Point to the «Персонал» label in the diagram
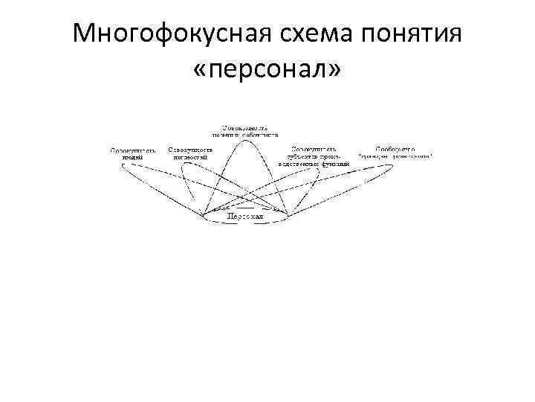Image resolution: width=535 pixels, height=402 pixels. pyautogui.click(x=246, y=216)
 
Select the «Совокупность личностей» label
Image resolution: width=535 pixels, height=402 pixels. pyautogui.click(x=191, y=153)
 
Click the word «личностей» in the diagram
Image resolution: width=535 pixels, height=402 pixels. pyautogui.click(x=191, y=157)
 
